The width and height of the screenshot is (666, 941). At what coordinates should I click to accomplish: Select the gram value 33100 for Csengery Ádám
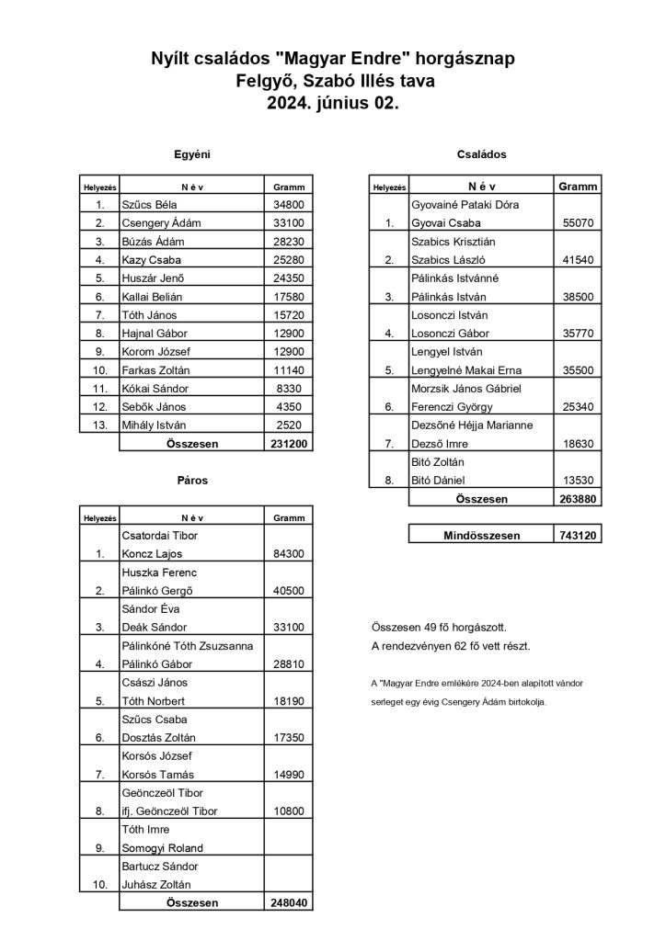tap(288, 222)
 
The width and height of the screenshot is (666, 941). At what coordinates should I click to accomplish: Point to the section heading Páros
tap(192, 480)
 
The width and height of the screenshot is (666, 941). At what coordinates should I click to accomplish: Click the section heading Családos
tap(481, 154)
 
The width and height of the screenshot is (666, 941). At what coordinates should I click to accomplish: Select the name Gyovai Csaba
tap(445, 222)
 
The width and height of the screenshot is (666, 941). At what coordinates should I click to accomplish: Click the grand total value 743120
tap(578, 536)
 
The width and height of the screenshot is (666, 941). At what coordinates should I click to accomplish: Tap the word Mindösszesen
tap(481, 536)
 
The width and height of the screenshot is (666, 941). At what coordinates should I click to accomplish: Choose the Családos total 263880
tap(578, 499)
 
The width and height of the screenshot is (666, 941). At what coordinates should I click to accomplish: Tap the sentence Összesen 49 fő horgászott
tap(439, 628)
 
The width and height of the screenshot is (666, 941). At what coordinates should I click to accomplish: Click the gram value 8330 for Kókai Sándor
tap(288, 388)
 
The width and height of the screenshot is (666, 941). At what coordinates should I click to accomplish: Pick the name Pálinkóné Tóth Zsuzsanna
tap(187, 646)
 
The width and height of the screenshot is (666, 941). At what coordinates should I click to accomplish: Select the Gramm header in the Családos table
tap(578, 187)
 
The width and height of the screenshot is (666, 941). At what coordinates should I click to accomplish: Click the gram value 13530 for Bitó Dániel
tap(578, 480)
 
